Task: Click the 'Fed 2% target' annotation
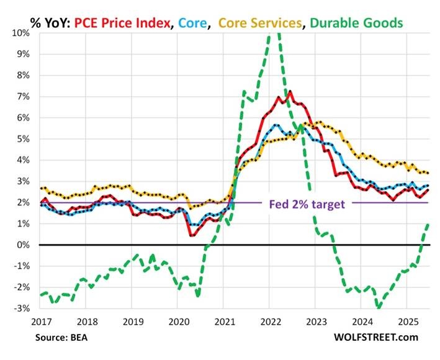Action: pyautogui.click(x=307, y=203)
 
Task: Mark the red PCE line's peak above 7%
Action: pyautogui.click(x=290, y=92)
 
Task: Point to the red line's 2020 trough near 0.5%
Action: pyautogui.click(x=192, y=235)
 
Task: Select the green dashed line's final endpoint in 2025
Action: pyautogui.click(x=429, y=224)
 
